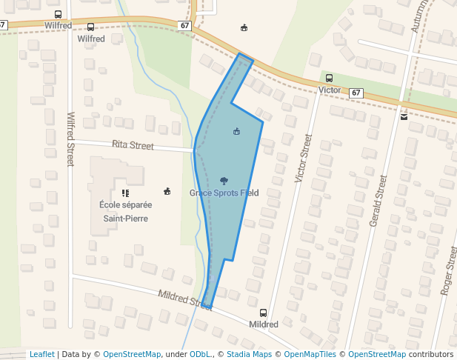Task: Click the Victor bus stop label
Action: [x=329, y=90]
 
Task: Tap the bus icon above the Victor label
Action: [x=329, y=78]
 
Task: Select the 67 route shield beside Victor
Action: [x=357, y=93]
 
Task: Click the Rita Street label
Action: [x=133, y=145]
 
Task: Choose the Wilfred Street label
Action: [x=71, y=139]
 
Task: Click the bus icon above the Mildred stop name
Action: [x=263, y=313]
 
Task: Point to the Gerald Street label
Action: [x=378, y=201]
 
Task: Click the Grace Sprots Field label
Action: [x=224, y=193]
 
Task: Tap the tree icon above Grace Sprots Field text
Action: [x=224, y=181]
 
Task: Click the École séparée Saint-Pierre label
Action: [x=125, y=211]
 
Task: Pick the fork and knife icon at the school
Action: [x=125, y=193]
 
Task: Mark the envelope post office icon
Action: [x=404, y=117]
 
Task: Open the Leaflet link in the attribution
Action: [x=41, y=354]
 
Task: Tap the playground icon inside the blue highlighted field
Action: [x=236, y=132]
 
